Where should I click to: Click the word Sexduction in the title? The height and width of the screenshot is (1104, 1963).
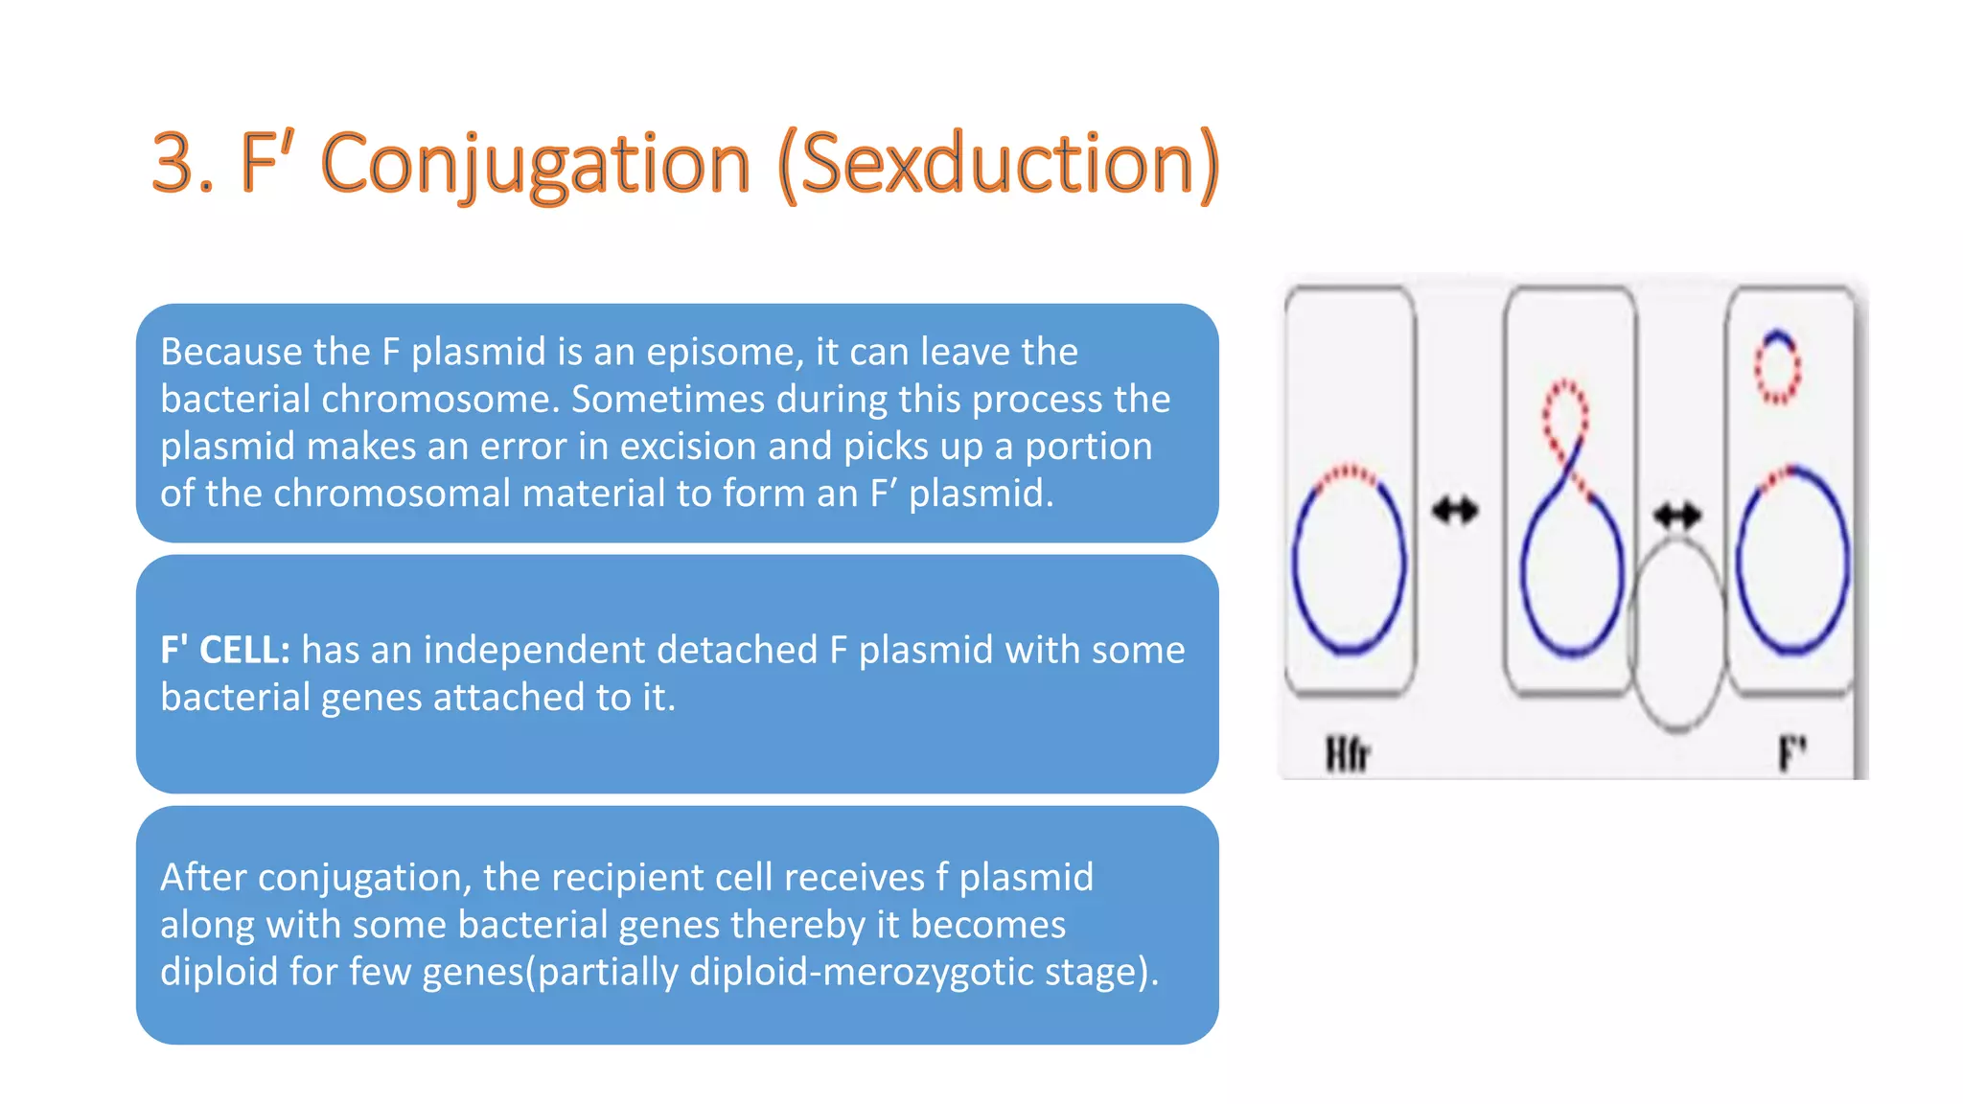pyautogui.click(x=997, y=164)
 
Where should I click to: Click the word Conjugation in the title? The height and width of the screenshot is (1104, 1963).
pyautogui.click(x=535, y=164)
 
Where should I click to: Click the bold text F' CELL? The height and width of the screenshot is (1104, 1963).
pyautogui.click(x=225, y=650)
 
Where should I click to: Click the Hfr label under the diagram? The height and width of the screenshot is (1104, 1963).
pyautogui.click(x=1347, y=754)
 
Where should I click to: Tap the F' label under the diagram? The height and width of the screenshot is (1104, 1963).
pyautogui.click(x=1791, y=753)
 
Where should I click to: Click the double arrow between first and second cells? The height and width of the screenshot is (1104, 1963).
pyautogui.click(x=1455, y=510)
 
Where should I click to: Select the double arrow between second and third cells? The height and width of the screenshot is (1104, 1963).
pyautogui.click(x=1676, y=517)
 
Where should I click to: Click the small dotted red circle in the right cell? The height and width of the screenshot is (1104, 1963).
pyautogui.click(x=1777, y=367)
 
